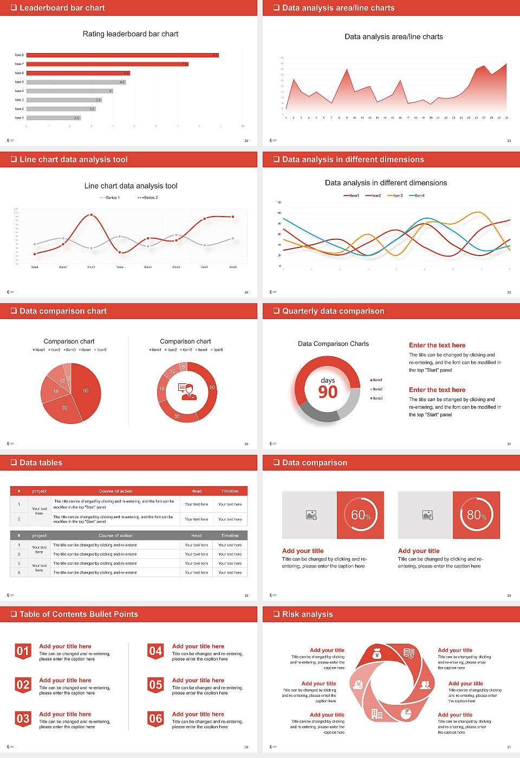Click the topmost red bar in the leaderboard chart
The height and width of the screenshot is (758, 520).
(122, 55)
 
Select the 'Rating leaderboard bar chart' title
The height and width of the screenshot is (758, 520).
(131, 34)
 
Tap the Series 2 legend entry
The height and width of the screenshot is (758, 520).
(148, 198)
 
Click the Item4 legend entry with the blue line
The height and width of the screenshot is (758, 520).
(417, 195)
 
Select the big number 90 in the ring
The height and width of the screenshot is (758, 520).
(328, 392)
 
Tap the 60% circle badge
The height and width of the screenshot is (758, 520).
(361, 515)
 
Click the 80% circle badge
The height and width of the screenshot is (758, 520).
(477, 515)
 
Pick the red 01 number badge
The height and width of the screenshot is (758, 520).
(23, 651)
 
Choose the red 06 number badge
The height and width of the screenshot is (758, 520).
(155, 719)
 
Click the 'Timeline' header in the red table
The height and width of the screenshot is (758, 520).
(230, 491)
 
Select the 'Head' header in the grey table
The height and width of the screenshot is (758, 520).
(196, 535)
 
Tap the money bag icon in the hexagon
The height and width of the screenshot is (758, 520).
(378, 655)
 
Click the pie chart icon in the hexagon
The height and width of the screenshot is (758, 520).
(406, 714)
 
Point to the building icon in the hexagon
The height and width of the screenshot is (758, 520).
(377, 714)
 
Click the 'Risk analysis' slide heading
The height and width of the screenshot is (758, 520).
(307, 615)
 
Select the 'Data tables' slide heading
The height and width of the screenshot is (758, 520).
(41, 463)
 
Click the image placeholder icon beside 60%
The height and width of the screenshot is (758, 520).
(311, 515)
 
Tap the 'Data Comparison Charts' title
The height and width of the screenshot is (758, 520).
(333, 344)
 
